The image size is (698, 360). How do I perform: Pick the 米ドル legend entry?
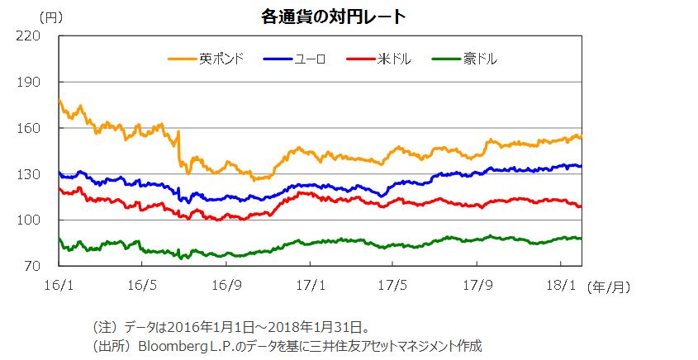coord(393,59)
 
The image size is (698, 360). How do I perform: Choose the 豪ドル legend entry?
coord(480,59)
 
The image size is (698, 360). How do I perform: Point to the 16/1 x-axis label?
coord(59,285)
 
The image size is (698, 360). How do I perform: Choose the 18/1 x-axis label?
coord(561,285)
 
